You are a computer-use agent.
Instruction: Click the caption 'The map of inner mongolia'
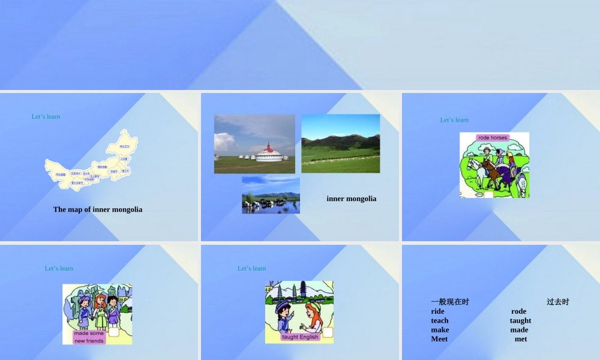(x=98, y=209)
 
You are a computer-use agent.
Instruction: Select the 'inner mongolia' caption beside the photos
(x=352, y=199)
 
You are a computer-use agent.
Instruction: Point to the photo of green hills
(x=340, y=143)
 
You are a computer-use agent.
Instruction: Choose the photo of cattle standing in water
(x=271, y=195)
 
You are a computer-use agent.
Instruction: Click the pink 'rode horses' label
(x=493, y=138)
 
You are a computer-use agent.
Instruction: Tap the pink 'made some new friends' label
(x=89, y=337)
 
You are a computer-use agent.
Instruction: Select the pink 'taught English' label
(x=301, y=337)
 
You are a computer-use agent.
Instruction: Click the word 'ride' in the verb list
(x=438, y=311)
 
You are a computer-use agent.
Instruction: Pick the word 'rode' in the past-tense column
(x=518, y=311)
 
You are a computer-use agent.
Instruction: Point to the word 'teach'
(x=440, y=320)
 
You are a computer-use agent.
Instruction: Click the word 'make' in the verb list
(x=440, y=329)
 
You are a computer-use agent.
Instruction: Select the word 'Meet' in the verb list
(x=439, y=339)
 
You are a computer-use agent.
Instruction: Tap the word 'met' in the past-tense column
(x=521, y=339)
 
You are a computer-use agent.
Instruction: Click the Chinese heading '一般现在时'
(x=450, y=302)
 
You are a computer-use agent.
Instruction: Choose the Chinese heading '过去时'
(x=557, y=302)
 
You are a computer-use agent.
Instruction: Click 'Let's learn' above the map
(x=46, y=116)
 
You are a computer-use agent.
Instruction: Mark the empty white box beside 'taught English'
(x=328, y=332)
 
